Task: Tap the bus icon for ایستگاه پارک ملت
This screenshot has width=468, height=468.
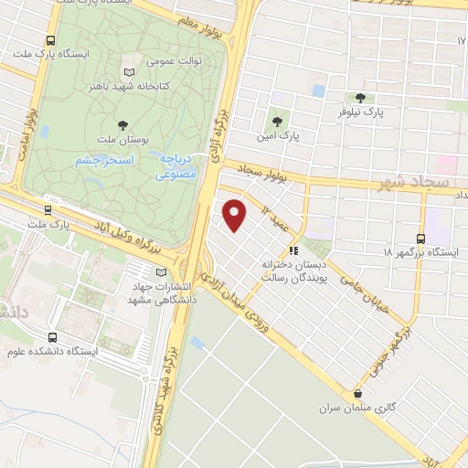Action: click(x=50, y=40)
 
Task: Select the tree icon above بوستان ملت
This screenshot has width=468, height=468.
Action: click(x=123, y=124)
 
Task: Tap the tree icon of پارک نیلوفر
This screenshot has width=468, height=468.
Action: click(x=359, y=98)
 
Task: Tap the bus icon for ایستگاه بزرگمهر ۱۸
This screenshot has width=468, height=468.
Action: click(x=421, y=236)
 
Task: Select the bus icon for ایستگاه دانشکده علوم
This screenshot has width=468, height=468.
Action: click(x=52, y=336)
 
